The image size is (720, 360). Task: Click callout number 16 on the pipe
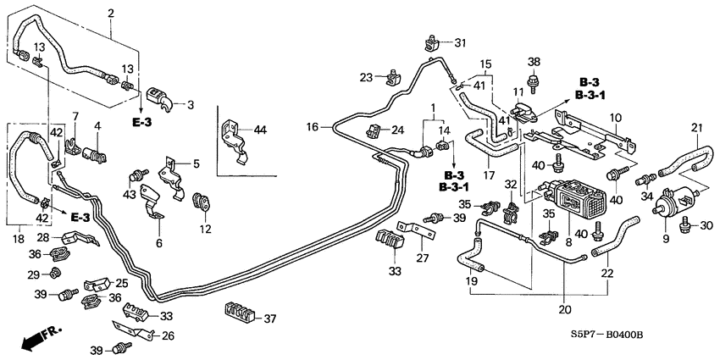pos(313,126)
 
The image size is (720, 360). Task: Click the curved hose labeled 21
pos(684,158)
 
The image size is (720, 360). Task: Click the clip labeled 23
pos(391,78)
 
